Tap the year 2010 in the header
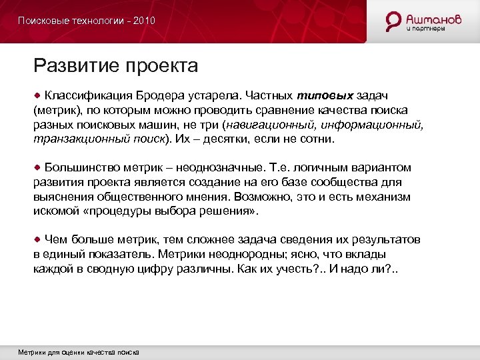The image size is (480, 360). click(x=144, y=21)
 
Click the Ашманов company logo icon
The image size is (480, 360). click(x=394, y=21)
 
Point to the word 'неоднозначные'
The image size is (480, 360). click(x=233, y=167)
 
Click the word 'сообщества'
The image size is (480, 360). click(x=345, y=182)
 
